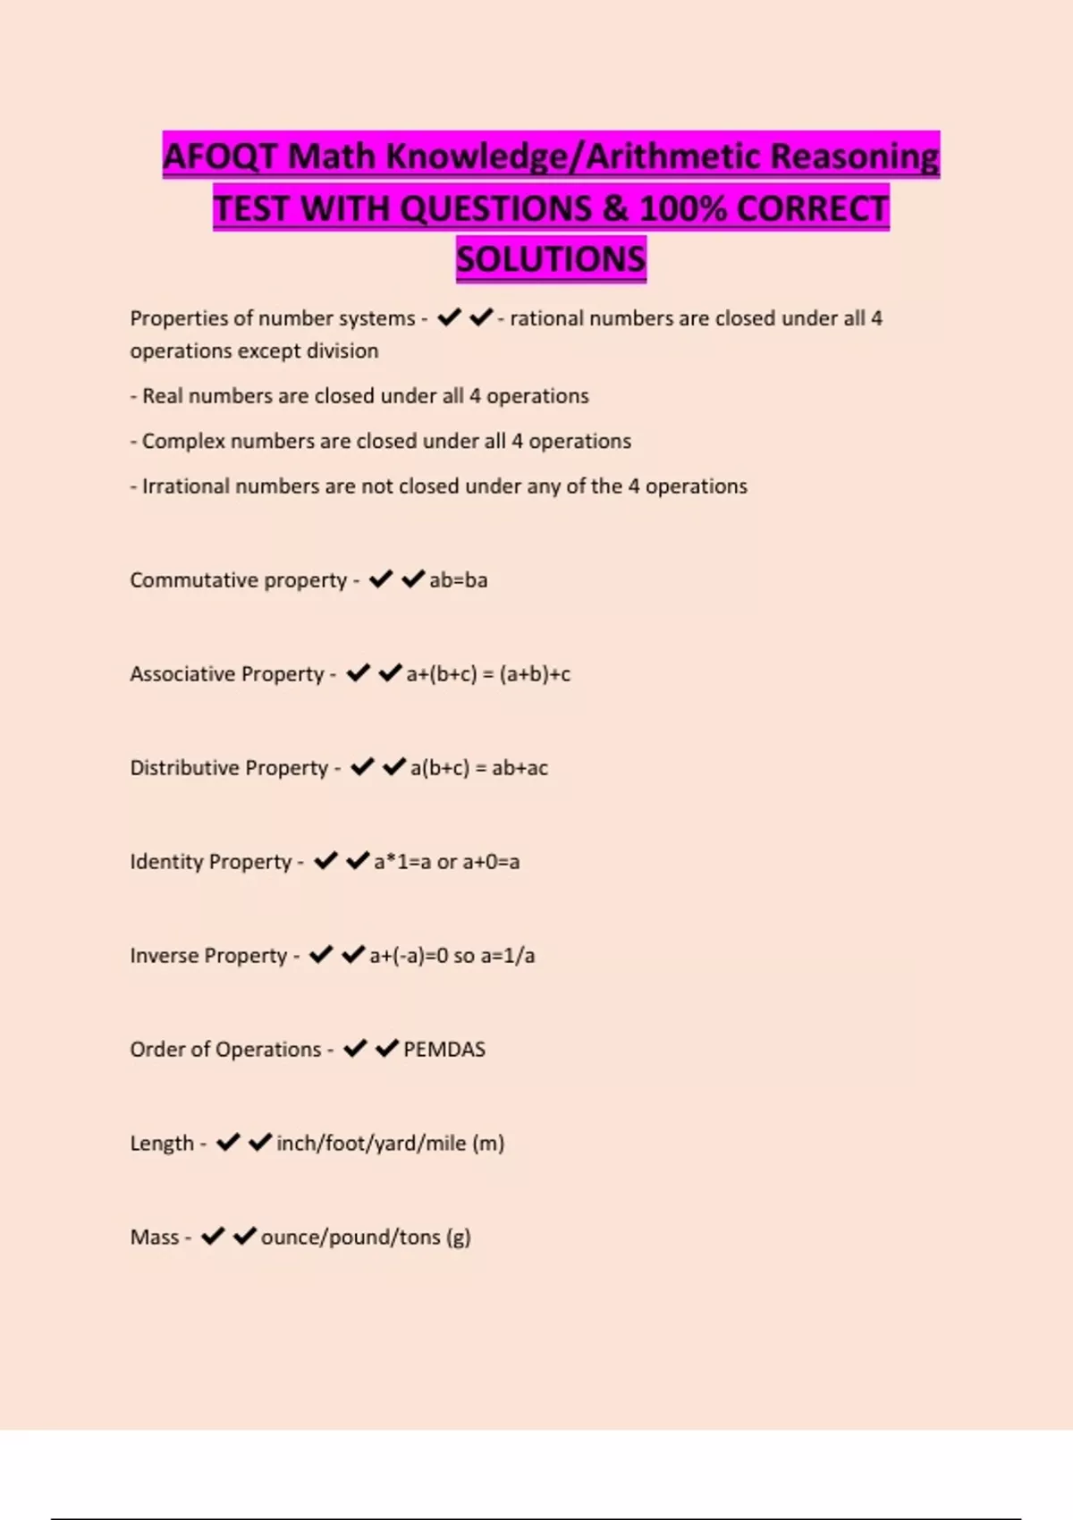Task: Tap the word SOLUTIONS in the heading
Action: pos(551,259)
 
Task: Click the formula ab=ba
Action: pos(459,580)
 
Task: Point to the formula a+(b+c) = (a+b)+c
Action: pos(488,674)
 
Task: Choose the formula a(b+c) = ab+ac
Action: pos(479,768)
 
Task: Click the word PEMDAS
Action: pos(444,1050)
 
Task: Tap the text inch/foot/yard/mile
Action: pos(371,1144)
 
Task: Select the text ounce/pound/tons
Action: pos(351,1237)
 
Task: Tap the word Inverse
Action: pos(163,956)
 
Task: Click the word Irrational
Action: pos(185,486)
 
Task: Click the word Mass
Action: pos(154,1237)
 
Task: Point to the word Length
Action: pos(161,1144)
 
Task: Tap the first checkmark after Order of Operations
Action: pos(355,1049)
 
